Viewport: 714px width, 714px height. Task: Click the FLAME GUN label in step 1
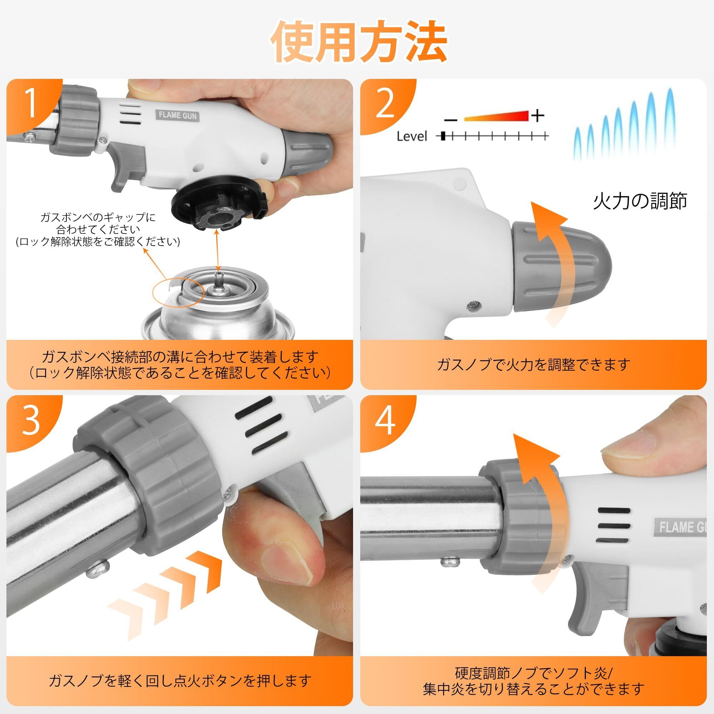point(177,115)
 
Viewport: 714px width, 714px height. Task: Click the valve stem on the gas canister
point(220,281)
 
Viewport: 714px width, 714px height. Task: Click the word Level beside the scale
point(412,136)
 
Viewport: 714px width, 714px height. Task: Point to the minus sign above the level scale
point(451,119)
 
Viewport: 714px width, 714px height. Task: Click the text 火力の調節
point(640,201)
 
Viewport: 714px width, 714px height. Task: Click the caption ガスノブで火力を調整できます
point(533,365)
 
